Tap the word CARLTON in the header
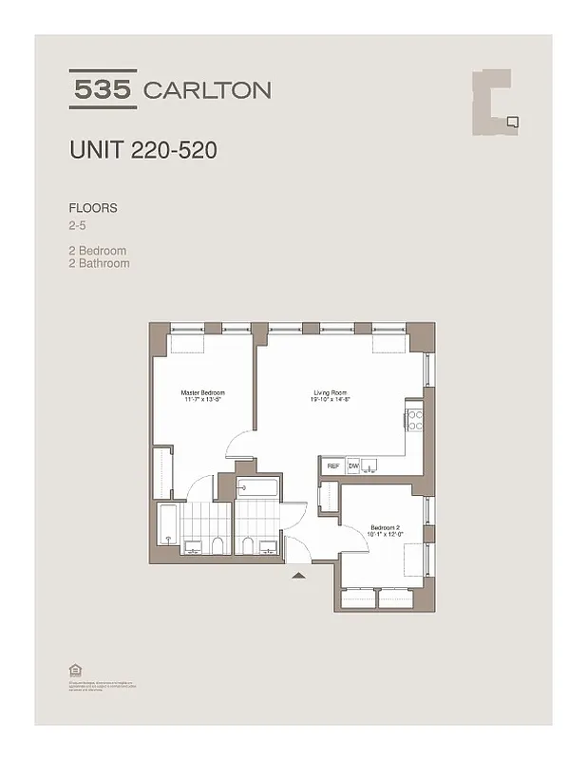(x=206, y=90)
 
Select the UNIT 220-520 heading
(x=136, y=150)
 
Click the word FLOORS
(x=92, y=208)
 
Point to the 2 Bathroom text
(x=99, y=263)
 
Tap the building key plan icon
(x=495, y=103)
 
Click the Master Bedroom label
(x=202, y=392)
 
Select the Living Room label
(x=331, y=392)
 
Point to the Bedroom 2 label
(x=386, y=527)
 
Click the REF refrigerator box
(x=333, y=466)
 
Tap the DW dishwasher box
(x=353, y=466)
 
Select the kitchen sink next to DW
(x=372, y=465)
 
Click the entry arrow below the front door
(x=298, y=575)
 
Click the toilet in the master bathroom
(x=218, y=544)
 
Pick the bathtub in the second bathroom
(x=256, y=489)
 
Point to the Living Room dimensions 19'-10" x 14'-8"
(x=331, y=401)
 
